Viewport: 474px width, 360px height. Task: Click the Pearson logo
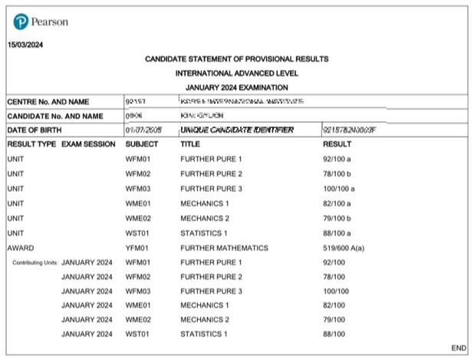click(x=41, y=21)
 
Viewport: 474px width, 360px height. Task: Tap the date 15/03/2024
click(x=25, y=45)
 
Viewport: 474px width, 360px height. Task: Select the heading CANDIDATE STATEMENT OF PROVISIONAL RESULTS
click(x=236, y=59)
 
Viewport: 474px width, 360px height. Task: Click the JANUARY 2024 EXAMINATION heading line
click(x=236, y=88)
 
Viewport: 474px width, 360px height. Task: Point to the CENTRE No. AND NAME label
click(x=48, y=102)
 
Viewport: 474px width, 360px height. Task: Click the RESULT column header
click(x=337, y=144)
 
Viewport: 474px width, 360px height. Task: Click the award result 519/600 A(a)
click(x=349, y=248)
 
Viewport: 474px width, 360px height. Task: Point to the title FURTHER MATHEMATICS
click(x=224, y=248)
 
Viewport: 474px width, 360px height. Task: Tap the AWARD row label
click(x=20, y=248)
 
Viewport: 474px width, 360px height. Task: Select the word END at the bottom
click(x=459, y=348)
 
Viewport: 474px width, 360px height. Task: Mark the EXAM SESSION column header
click(x=88, y=144)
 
